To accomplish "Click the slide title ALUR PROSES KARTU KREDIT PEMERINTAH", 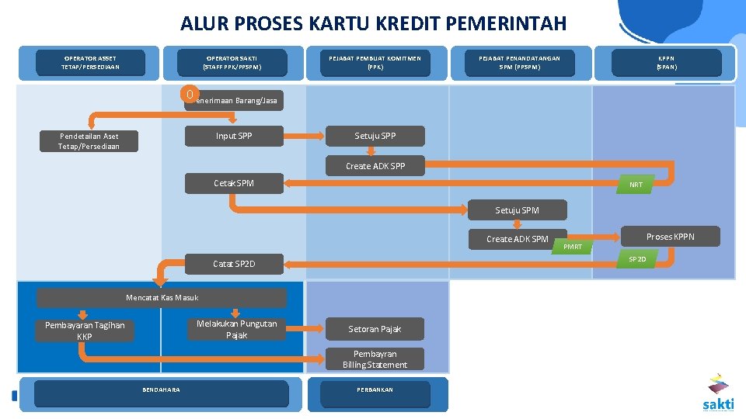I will [373, 23].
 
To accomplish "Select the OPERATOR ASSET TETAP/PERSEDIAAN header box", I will [90, 63].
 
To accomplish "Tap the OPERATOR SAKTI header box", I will [232, 63].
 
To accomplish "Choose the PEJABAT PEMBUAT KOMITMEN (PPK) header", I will [375, 63].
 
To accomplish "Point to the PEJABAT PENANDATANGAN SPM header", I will [519, 63].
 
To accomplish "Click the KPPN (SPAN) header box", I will [666, 63].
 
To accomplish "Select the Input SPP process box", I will [234, 137].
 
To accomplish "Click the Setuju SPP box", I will [375, 137].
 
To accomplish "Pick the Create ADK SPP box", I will [375, 166].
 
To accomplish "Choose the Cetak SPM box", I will [234, 183].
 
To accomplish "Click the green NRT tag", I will [636, 185].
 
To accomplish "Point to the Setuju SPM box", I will [518, 210].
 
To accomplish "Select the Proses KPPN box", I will [671, 237].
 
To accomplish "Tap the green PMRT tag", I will [573, 247].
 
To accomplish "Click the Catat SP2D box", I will [234, 265].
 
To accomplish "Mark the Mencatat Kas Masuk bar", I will [162, 298].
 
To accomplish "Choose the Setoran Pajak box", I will [375, 329].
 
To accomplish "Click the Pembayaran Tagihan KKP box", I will [85, 331].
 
